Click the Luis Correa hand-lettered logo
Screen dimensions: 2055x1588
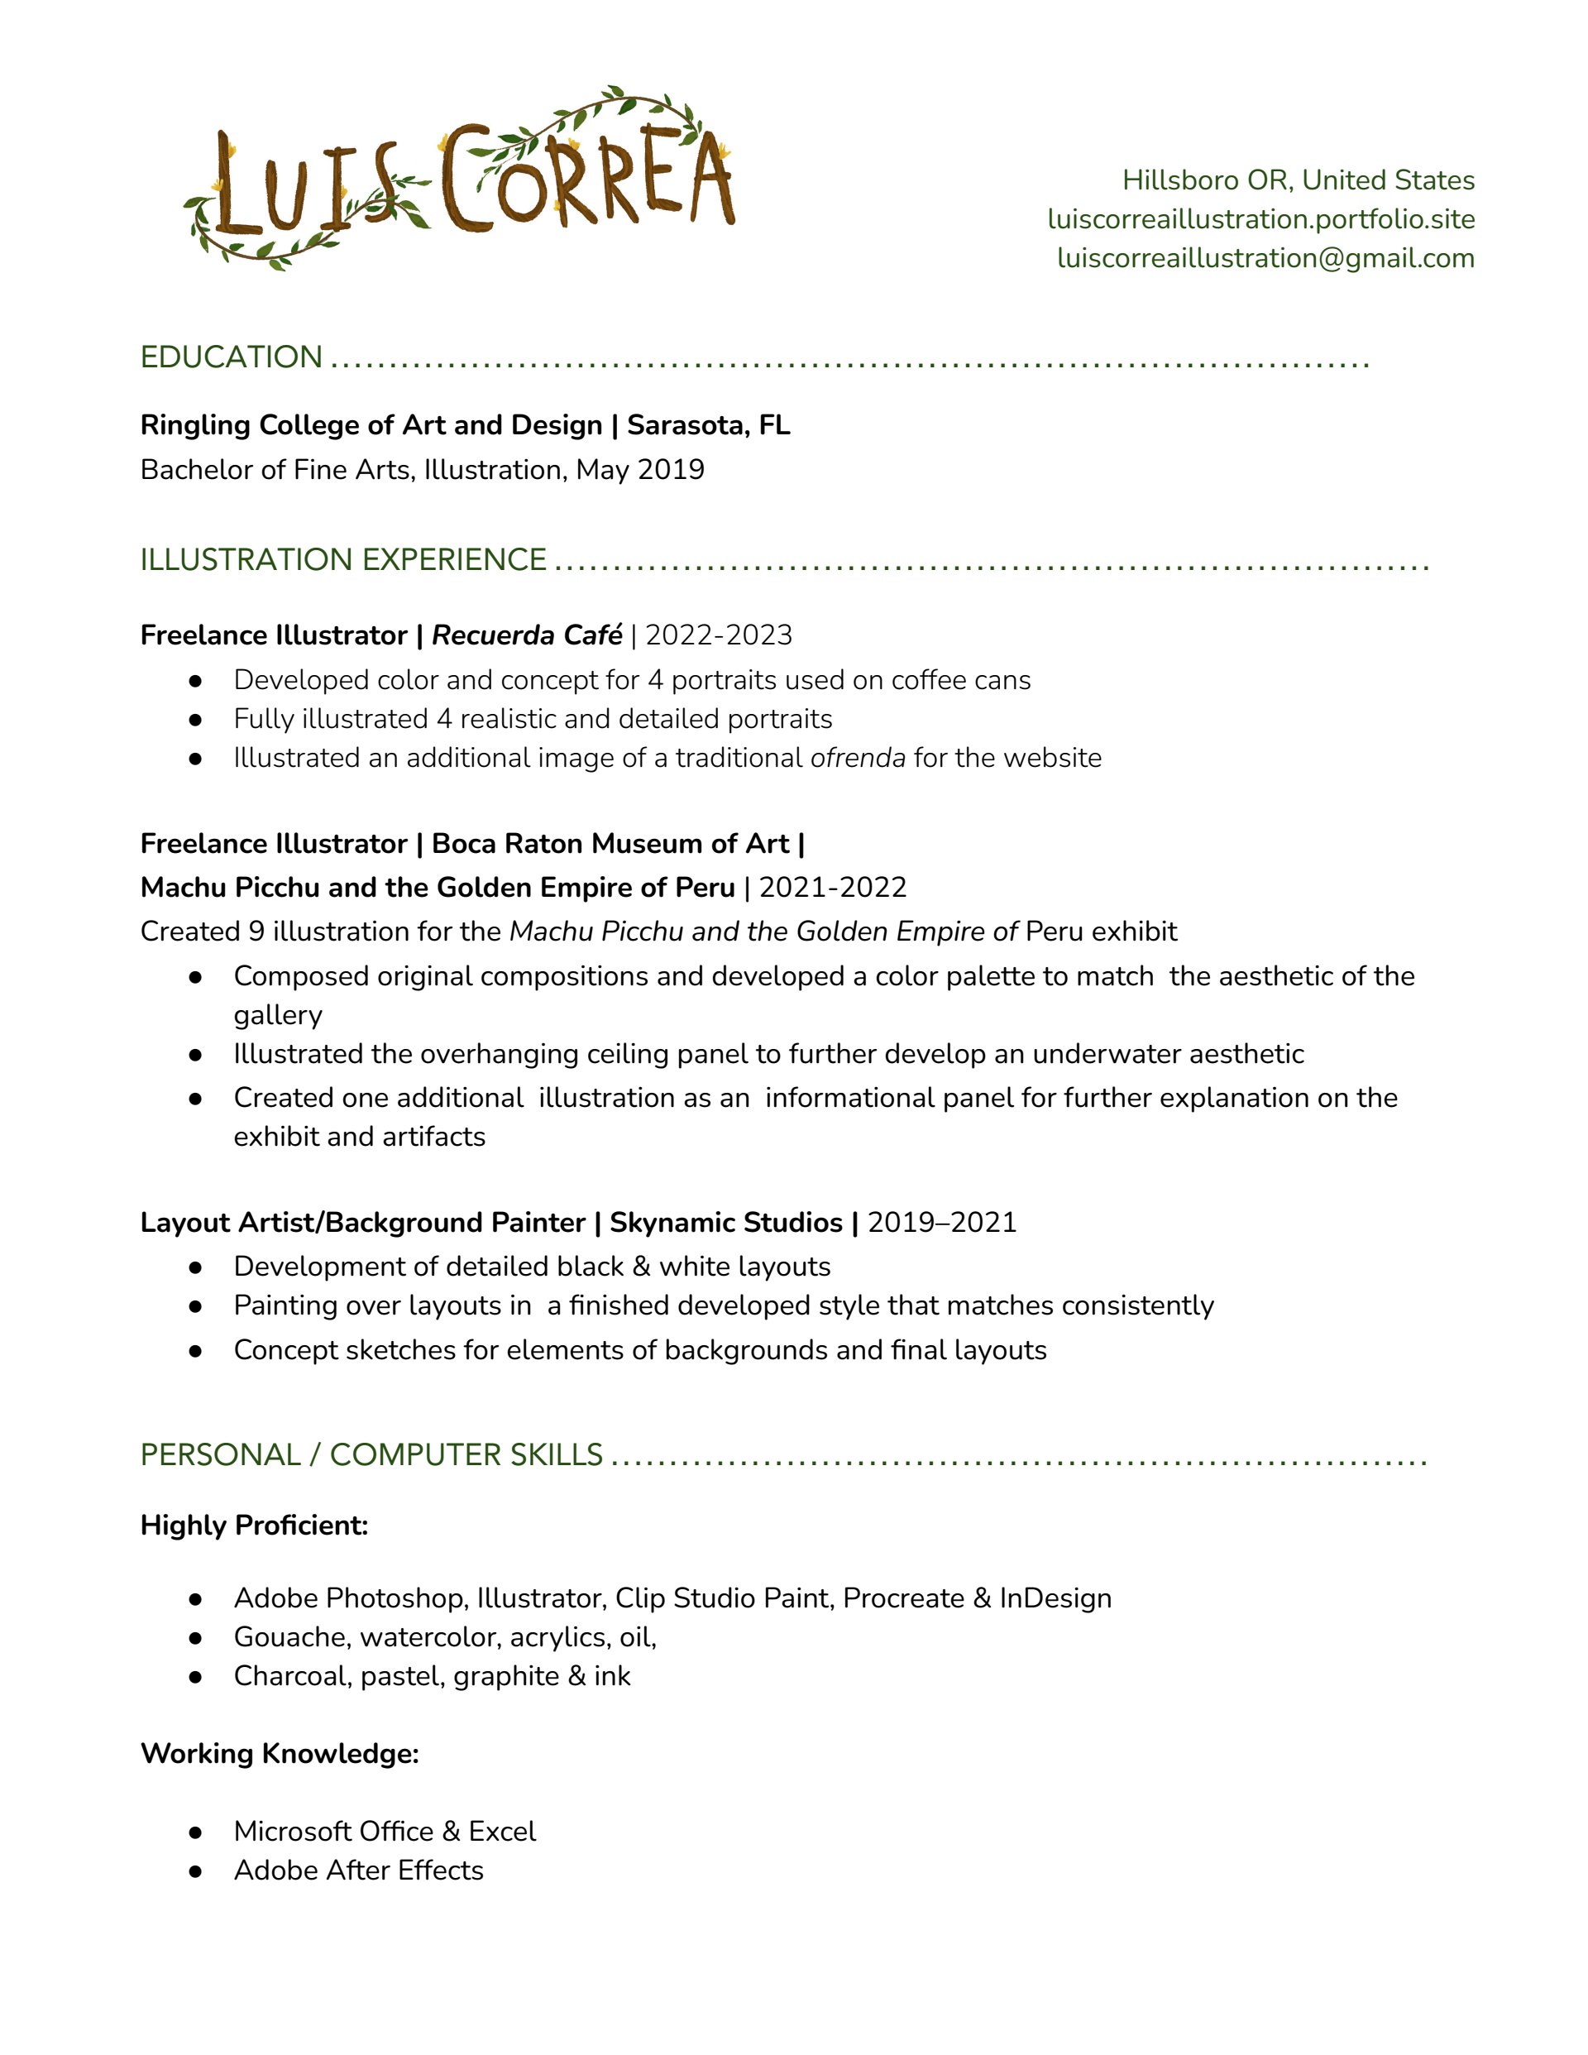(x=461, y=179)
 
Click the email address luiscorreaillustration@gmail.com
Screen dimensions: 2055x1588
(x=1265, y=259)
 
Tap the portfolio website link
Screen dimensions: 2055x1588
(x=1260, y=219)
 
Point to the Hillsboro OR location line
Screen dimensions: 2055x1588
(x=1299, y=180)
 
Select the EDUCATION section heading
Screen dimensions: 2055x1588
(x=232, y=357)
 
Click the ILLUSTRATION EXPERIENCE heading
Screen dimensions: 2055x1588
(x=343, y=560)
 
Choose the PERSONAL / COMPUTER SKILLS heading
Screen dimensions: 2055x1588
(x=371, y=1454)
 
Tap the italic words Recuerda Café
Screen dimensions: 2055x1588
(x=527, y=636)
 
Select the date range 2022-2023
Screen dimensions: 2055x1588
(x=719, y=636)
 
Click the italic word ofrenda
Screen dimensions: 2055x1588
(x=857, y=759)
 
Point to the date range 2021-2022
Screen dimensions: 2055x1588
(x=833, y=888)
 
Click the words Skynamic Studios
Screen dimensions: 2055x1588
(x=725, y=1222)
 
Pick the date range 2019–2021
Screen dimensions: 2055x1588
(x=942, y=1222)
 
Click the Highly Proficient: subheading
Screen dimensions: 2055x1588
(x=254, y=1526)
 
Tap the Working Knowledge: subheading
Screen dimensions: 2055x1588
(x=280, y=1754)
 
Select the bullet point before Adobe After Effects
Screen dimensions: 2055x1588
(x=196, y=1871)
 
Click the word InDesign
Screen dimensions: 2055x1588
(x=1055, y=1598)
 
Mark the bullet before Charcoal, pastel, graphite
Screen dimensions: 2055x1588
(x=196, y=1677)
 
